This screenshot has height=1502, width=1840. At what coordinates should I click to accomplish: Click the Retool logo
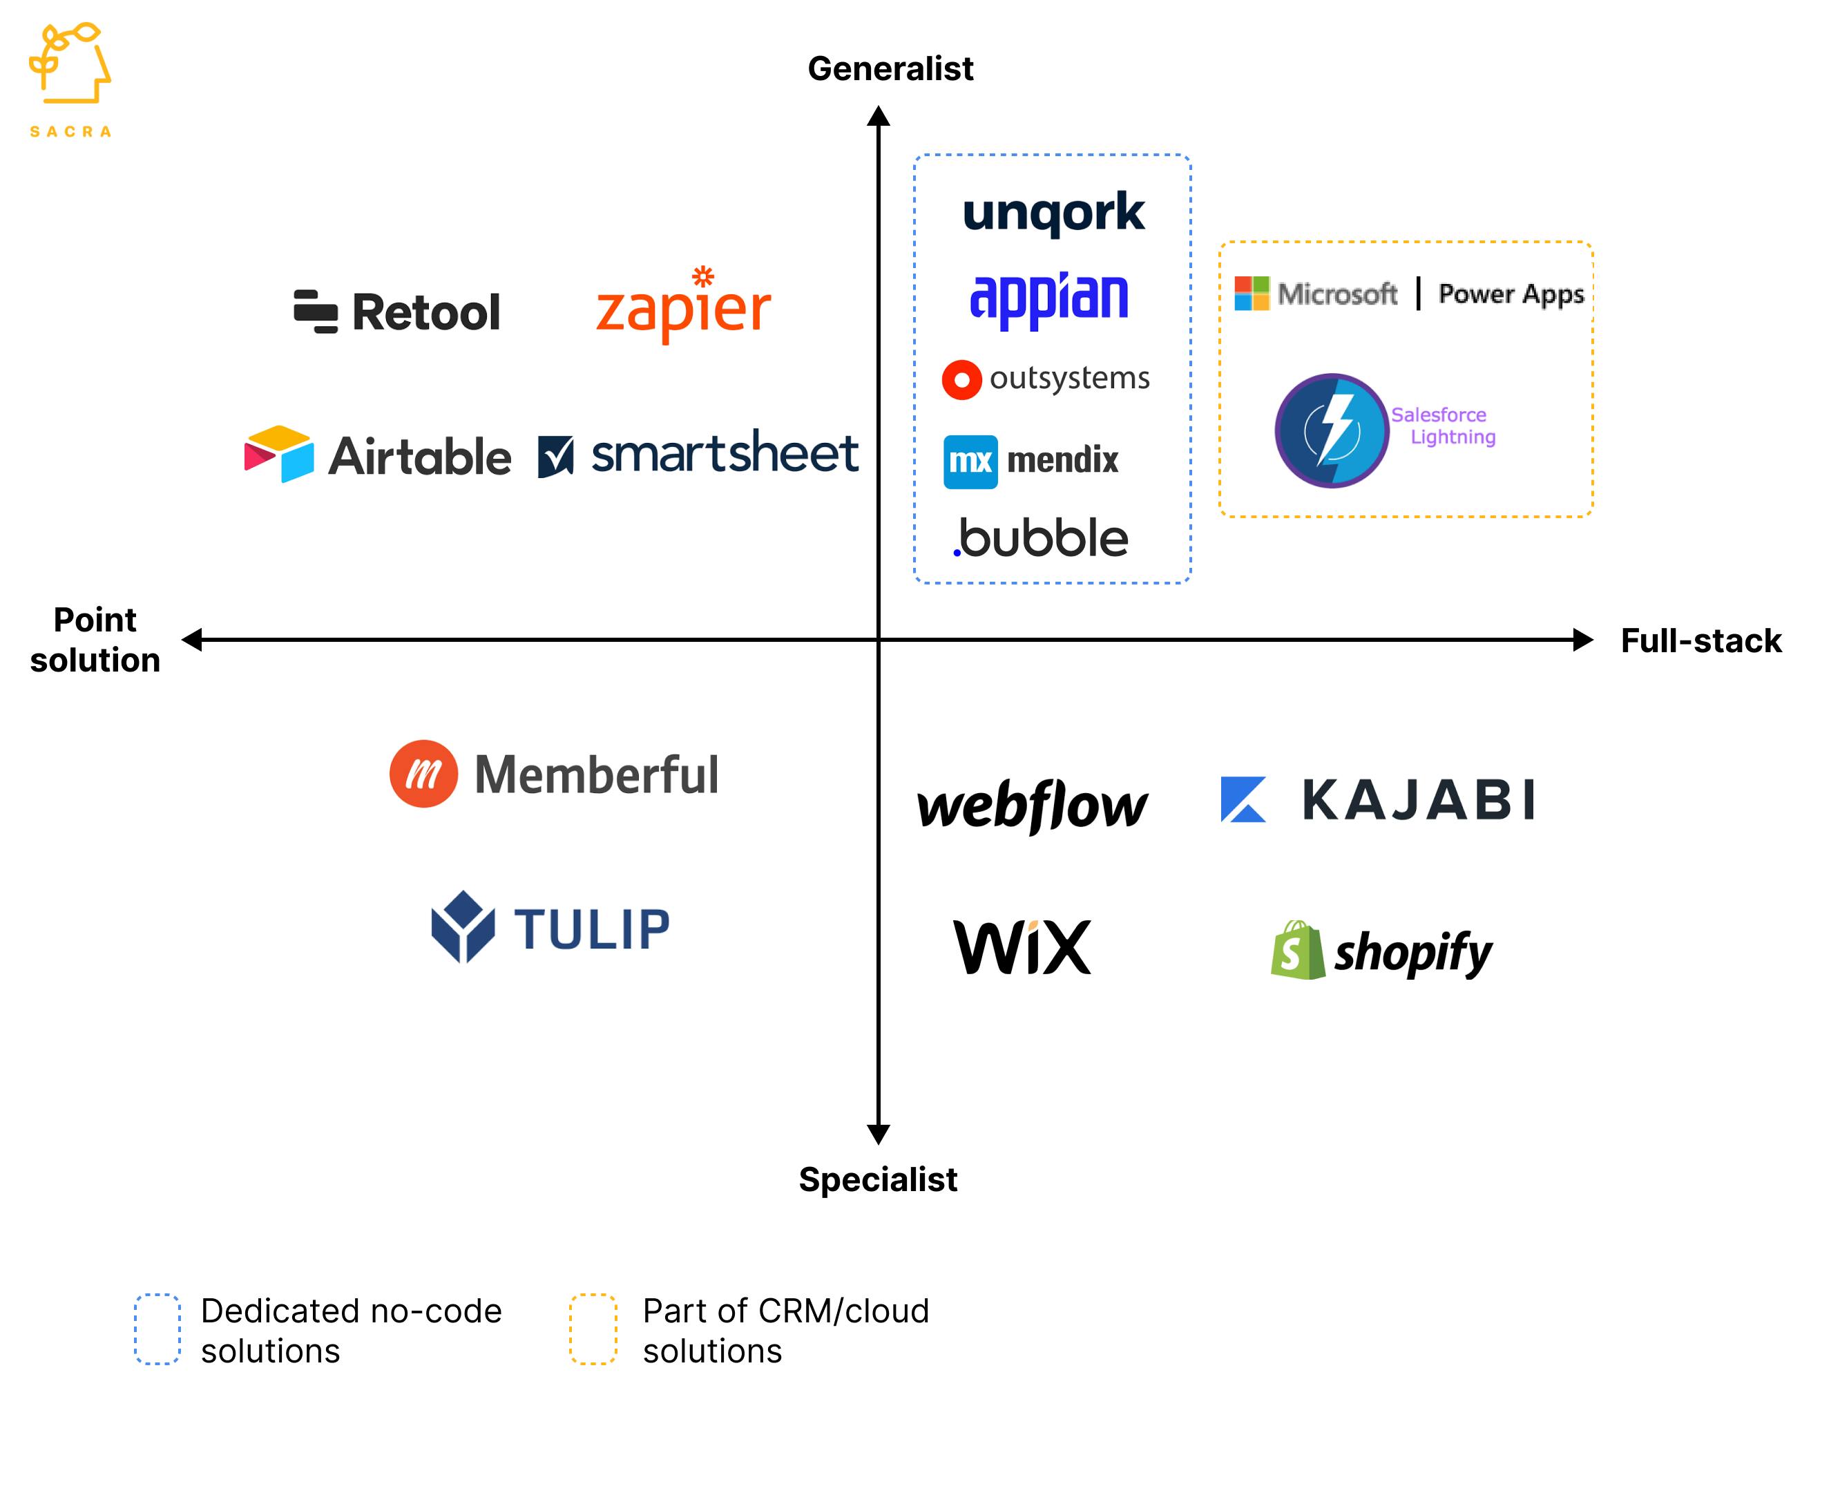397,312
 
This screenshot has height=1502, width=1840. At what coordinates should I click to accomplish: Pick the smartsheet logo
698,453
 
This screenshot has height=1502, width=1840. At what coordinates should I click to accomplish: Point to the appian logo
1048,298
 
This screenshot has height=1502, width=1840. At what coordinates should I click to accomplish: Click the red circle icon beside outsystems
961,380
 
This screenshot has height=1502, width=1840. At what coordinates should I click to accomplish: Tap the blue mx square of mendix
970,461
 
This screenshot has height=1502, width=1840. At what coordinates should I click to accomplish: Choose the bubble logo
1042,538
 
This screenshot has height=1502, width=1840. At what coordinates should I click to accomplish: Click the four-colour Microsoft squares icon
1251,294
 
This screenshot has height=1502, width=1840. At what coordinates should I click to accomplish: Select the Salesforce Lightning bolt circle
1332,430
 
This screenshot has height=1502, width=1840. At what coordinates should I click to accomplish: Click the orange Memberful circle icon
423,774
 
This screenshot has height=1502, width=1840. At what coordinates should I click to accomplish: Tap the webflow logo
1032,806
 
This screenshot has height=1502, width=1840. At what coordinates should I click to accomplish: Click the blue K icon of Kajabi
1243,799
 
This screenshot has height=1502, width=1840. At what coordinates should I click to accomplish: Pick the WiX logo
1022,947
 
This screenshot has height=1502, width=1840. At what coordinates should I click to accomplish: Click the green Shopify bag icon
1296,951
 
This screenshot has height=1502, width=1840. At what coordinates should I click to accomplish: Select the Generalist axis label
890,68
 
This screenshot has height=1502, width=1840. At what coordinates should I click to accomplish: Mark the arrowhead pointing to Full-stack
1582,639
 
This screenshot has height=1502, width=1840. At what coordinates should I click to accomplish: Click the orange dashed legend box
593,1329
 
